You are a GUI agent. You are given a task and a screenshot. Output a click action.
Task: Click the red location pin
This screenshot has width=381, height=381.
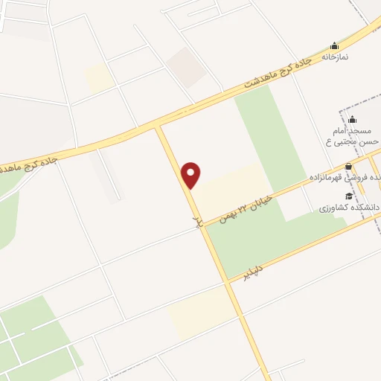point(192,175)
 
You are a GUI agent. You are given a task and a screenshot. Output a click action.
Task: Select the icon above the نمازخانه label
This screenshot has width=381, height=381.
point(334,45)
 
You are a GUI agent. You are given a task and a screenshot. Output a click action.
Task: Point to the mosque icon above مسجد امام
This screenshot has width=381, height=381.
point(352,119)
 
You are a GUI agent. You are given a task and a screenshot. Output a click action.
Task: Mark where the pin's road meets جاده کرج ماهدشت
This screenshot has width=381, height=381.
point(159,127)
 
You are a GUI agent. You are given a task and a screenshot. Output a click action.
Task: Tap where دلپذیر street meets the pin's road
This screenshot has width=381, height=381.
point(227,281)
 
